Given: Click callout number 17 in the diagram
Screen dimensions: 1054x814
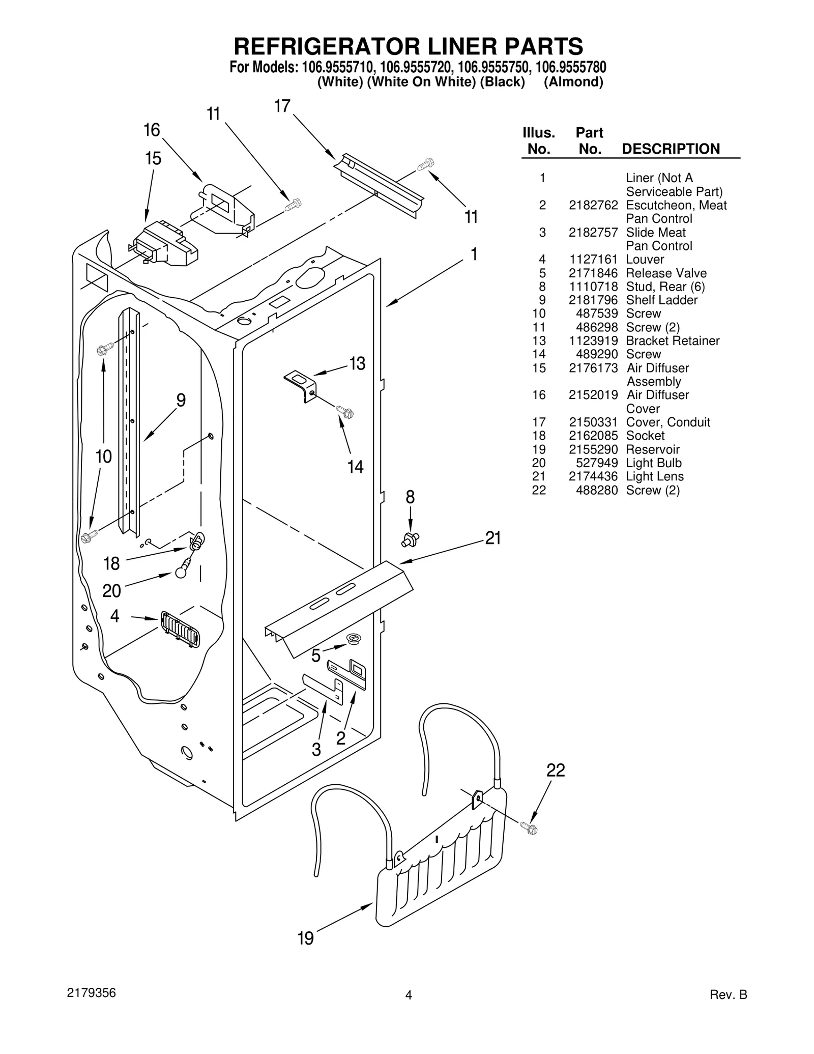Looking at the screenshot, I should coord(282,106).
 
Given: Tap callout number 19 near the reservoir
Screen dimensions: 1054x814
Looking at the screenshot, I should coord(305,938).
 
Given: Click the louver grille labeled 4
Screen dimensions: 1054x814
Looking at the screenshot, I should coord(180,629).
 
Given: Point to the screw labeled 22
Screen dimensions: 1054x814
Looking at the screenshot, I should coord(529,828).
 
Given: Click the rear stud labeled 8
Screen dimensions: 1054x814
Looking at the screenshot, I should coord(410,538).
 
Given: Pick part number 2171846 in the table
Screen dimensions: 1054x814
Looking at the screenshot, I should coord(593,273).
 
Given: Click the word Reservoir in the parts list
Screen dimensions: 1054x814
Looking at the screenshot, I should coord(652,449).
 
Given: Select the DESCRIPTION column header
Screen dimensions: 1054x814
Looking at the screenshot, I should coord(671,149).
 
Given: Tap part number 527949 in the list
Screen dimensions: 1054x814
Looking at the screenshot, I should coord(596,463).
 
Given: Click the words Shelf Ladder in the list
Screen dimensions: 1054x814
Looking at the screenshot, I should coord(661,300).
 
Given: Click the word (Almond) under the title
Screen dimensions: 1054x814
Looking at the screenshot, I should coord(573,82).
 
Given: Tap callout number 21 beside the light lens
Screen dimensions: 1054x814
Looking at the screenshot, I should coord(493,538).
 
